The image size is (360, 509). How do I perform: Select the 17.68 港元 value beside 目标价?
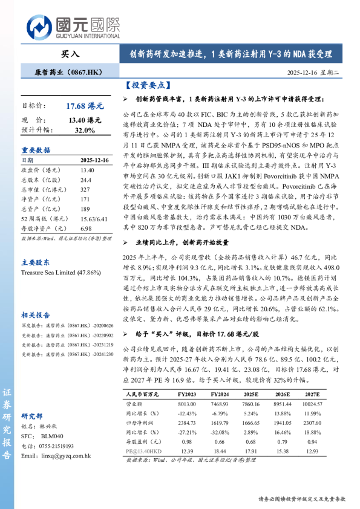pos(84,106)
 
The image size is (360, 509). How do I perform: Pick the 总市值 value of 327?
pos(85,189)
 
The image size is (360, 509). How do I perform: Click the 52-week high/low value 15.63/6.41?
pos(94,218)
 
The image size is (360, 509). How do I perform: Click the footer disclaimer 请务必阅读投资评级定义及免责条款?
pos(301,499)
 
